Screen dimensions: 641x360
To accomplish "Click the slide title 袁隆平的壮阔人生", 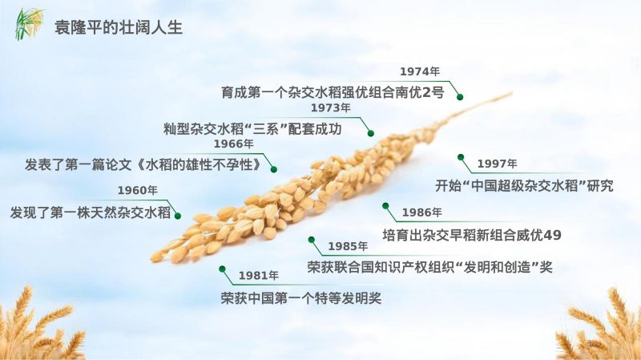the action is point(119,27).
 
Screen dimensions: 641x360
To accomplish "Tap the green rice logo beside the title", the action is point(30,24).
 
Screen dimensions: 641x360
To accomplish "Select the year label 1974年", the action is point(419,71).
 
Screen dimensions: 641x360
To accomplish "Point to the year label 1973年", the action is point(330,108).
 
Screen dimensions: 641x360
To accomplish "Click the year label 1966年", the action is point(233,144).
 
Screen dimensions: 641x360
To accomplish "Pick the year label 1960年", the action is point(137,190).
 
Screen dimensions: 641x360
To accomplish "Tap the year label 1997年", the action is point(497,164).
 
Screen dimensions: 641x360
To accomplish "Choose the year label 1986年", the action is point(421,212).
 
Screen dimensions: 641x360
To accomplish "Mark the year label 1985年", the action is point(348,246).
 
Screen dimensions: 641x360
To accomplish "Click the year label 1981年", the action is point(258,276).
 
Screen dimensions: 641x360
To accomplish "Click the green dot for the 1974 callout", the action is point(460,97).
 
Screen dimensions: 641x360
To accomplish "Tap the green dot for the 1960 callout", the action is point(178,216).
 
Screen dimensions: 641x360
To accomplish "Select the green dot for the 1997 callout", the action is point(461,157).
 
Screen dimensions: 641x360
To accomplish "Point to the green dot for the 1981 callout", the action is point(222,269).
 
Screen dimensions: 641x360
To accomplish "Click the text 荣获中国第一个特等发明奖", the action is point(301,297).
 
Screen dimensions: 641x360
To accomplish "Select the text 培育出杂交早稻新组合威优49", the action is point(472,235).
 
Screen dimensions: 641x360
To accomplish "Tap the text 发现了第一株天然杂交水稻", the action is point(91,212).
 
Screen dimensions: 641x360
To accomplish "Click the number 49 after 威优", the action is point(552,235).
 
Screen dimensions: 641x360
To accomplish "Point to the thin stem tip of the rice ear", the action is point(511,94).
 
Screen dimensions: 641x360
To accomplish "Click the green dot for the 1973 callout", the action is point(371,133).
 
